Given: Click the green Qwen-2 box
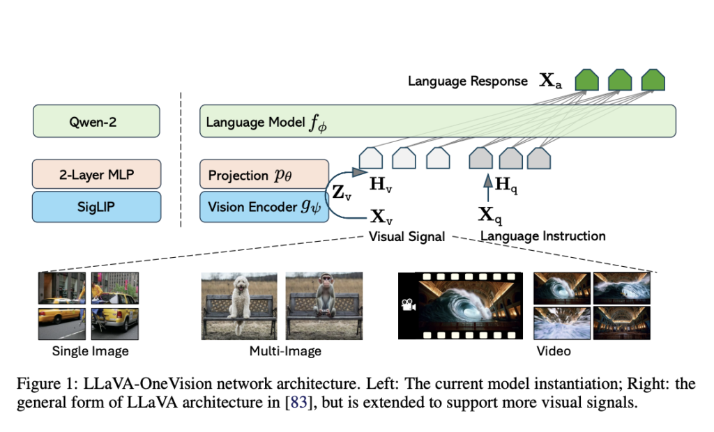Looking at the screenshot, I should tap(96, 121).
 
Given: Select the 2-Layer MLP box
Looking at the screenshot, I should tap(96, 174).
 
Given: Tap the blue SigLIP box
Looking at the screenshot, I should tap(96, 206).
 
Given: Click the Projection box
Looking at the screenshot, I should tap(264, 174).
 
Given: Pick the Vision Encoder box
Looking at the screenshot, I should tap(264, 206).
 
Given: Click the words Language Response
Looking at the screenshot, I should tap(467, 82).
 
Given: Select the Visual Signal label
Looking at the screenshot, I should tap(407, 236).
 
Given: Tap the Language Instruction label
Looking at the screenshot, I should tap(542, 236).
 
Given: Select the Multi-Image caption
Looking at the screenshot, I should tap(285, 350).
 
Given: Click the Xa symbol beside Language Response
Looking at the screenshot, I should tap(550, 82).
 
